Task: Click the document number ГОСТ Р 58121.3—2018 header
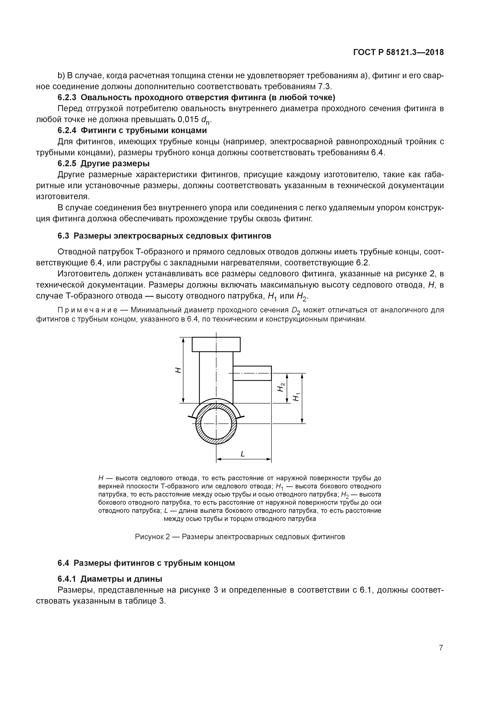click(398, 52)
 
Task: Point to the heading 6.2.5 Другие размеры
click(103, 163)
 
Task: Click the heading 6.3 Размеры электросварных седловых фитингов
click(164, 236)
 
